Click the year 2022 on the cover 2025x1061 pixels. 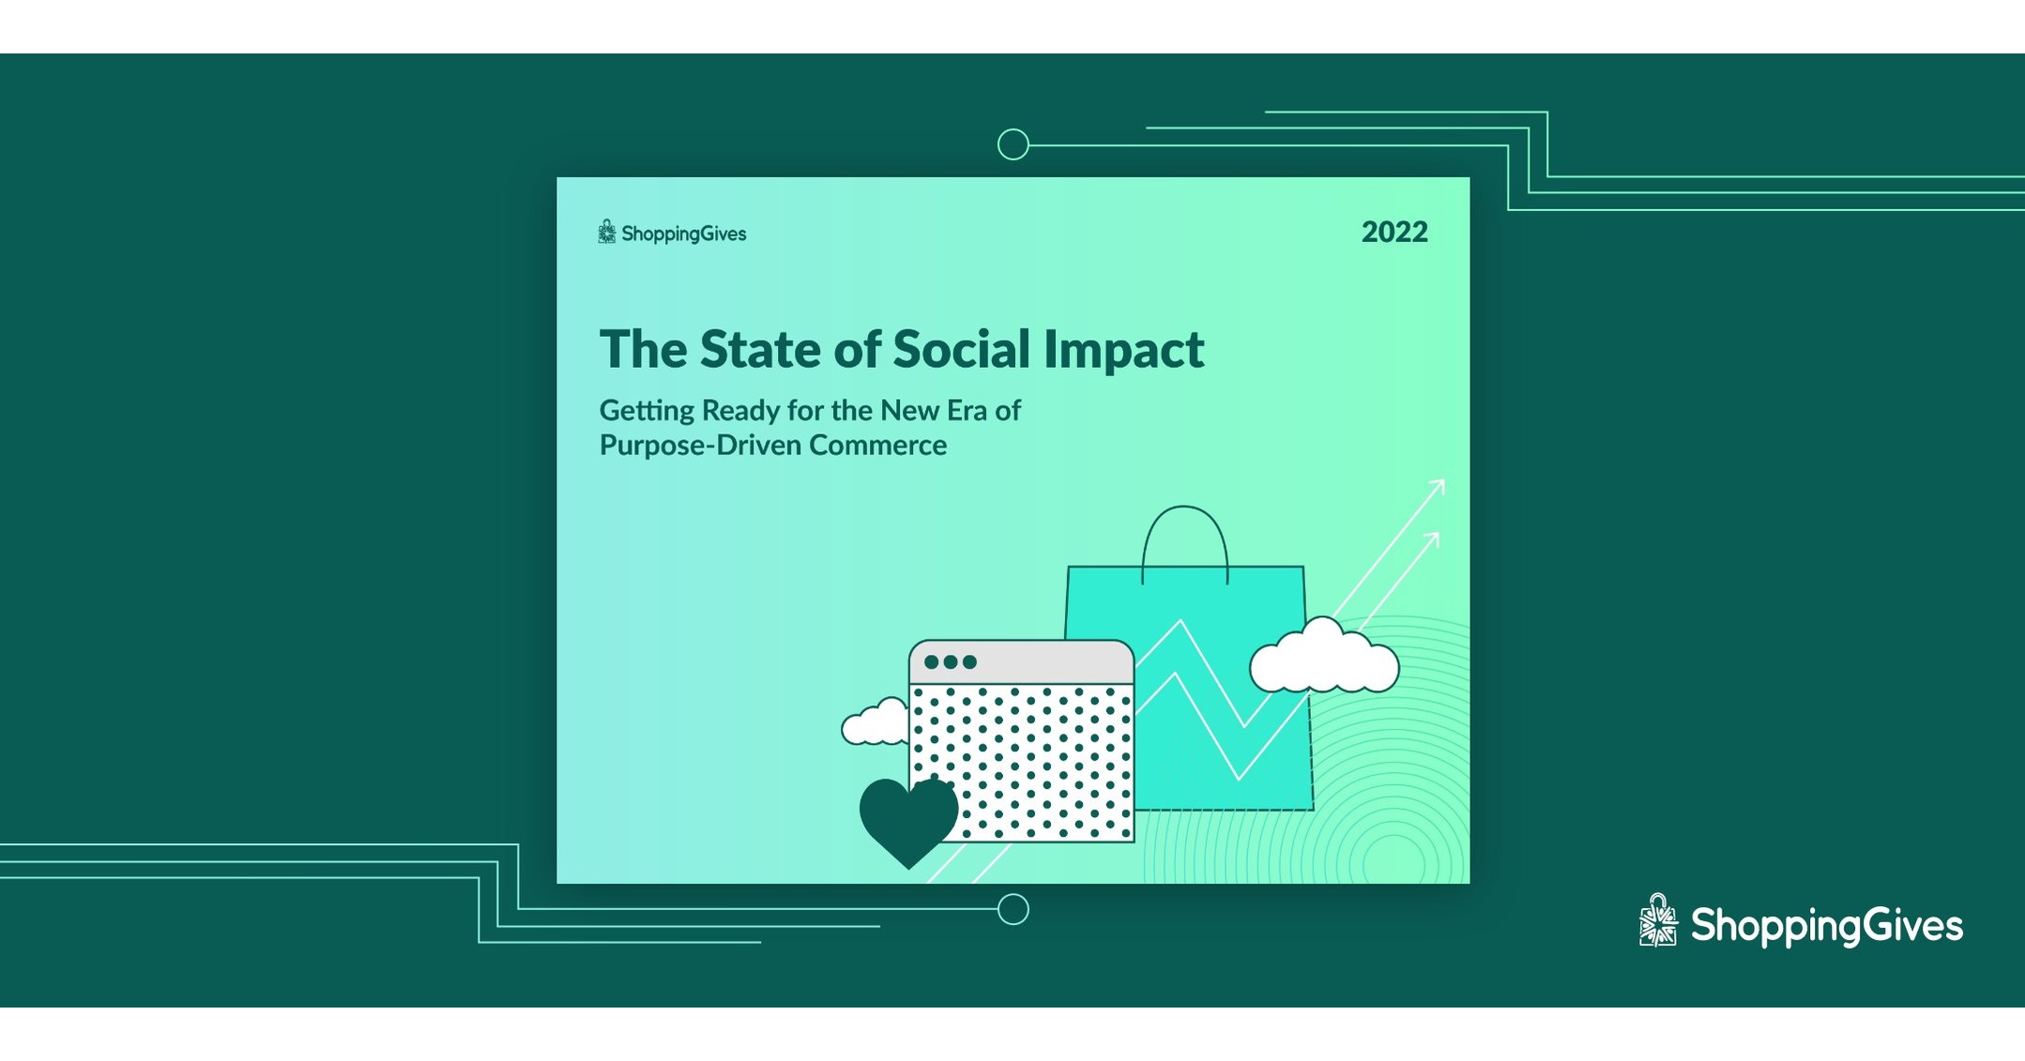click(x=1394, y=232)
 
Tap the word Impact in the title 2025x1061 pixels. click(x=1123, y=351)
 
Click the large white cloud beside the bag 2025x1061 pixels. click(x=1324, y=660)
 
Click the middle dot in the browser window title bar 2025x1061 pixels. click(x=951, y=662)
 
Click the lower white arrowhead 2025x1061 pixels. click(x=1431, y=539)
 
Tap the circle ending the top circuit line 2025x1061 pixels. click(x=1012, y=144)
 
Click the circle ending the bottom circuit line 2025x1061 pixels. click(x=1012, y=909)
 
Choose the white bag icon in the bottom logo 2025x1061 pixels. click(x=1658, y=921)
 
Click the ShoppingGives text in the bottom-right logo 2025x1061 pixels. click(x=1826, y=926)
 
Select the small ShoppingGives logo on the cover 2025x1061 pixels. click(x=672, y=233)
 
